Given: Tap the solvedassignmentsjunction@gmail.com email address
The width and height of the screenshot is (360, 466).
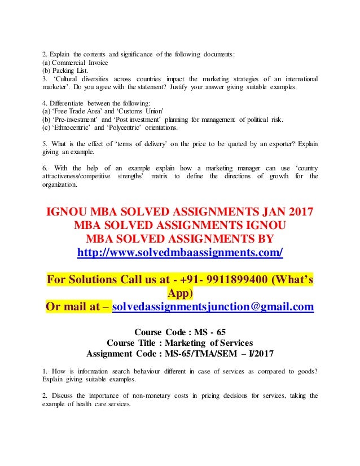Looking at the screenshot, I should click(213, 307).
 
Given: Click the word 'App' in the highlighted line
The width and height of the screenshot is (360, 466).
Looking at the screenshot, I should click(180, 293).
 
